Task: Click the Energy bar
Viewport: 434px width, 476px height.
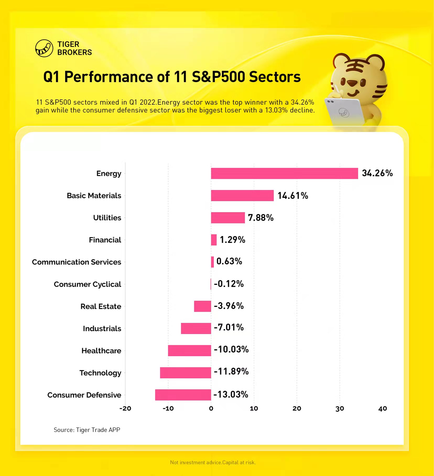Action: [x=284, y=173]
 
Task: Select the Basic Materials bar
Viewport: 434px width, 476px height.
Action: [x=242, y=196]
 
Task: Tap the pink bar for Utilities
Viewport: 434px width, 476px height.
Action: [x=228, y=218]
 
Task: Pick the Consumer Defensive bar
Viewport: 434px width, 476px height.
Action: [x=183, y=395]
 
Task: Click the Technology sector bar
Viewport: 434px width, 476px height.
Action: [x=185, y=373]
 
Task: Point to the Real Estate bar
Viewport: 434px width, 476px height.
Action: [x=202, y=306]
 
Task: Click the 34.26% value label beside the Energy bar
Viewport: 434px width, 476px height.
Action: [x=377, y=173]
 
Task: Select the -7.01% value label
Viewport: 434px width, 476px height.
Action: [x=229, y=328]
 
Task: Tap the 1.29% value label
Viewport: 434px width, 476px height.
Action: [x=232, y=240]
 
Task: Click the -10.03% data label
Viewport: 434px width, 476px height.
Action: [x=231, y=350]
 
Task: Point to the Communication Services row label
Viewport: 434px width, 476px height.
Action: [x=77, y=262]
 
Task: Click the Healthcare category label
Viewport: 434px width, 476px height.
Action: [x=101, y=351]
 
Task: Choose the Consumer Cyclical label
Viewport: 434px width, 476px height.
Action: [x=87, y=284]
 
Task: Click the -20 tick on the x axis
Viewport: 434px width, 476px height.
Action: [x=125, y=409]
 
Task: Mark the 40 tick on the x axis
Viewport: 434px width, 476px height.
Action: [x=383, y=409]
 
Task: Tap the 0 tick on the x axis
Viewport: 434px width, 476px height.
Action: [x=211, y=409]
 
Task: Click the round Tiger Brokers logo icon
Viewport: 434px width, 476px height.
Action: [x=44, y=48]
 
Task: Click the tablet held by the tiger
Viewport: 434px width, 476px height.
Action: [x=344, y=111]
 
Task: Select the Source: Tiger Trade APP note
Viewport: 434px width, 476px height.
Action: [x=87, y=430]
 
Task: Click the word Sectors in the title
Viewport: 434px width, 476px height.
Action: [x=275, y=77]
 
